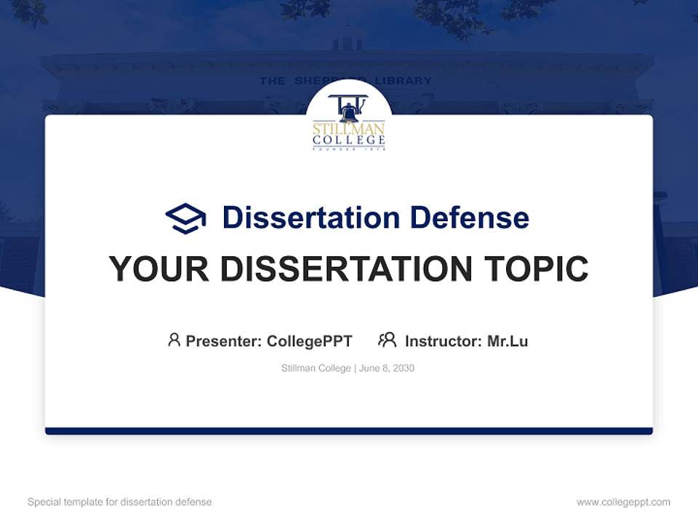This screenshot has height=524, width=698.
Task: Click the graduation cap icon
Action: [185, 218]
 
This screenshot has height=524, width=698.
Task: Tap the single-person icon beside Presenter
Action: [174, 340]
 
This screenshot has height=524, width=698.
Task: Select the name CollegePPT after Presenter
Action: [309, 341]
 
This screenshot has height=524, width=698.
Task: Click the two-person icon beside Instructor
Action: [387, 340]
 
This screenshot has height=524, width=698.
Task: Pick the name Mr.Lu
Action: [508, 341]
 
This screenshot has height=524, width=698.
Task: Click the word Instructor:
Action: [444, 341]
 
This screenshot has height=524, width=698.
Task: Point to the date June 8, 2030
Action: [387, 368]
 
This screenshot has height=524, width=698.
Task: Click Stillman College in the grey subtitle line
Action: [316, 368]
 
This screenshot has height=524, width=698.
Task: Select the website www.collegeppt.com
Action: [623, 502]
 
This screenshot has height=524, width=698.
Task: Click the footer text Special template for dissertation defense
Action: [120, 502]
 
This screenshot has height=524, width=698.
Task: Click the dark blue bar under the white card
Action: [349, 431]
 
